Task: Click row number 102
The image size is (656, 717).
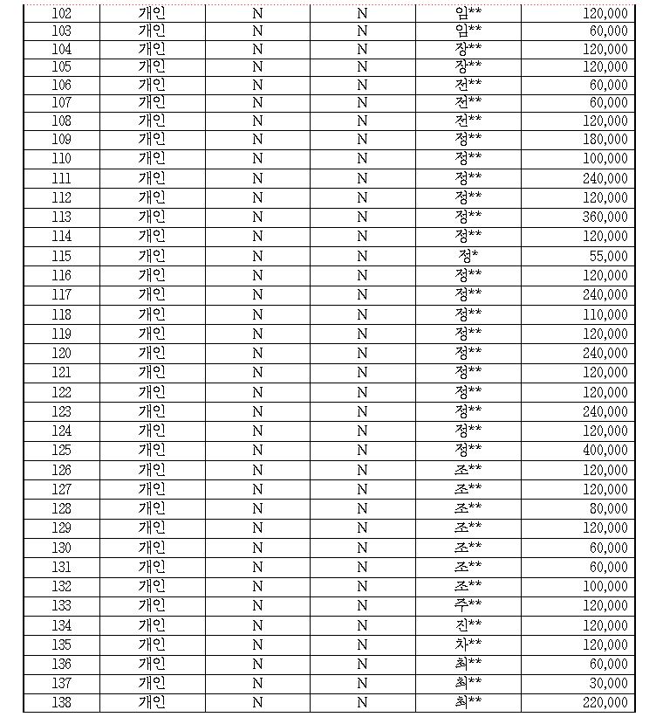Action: [x=62, y=13]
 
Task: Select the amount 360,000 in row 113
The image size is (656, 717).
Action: [x=605, y=217]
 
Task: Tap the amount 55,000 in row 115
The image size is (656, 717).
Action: [x=609, y=256]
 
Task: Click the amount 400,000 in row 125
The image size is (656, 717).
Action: [x=605, y=451]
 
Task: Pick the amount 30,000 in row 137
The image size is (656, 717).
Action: [x=609, y=683]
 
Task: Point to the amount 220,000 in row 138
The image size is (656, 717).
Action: [x=605, y=702]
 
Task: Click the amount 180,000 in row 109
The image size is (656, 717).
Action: [x=605, y=140]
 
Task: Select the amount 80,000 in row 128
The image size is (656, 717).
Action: [x=609, y=508]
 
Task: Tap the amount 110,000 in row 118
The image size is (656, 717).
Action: [x=605, y=314]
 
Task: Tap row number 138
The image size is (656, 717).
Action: [x=62, y=702]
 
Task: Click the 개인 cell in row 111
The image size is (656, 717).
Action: [x=152, y=178]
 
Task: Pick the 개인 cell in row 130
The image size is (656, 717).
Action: [x=152, y=548]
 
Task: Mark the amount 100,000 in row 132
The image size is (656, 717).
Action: [x=605, y=586]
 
